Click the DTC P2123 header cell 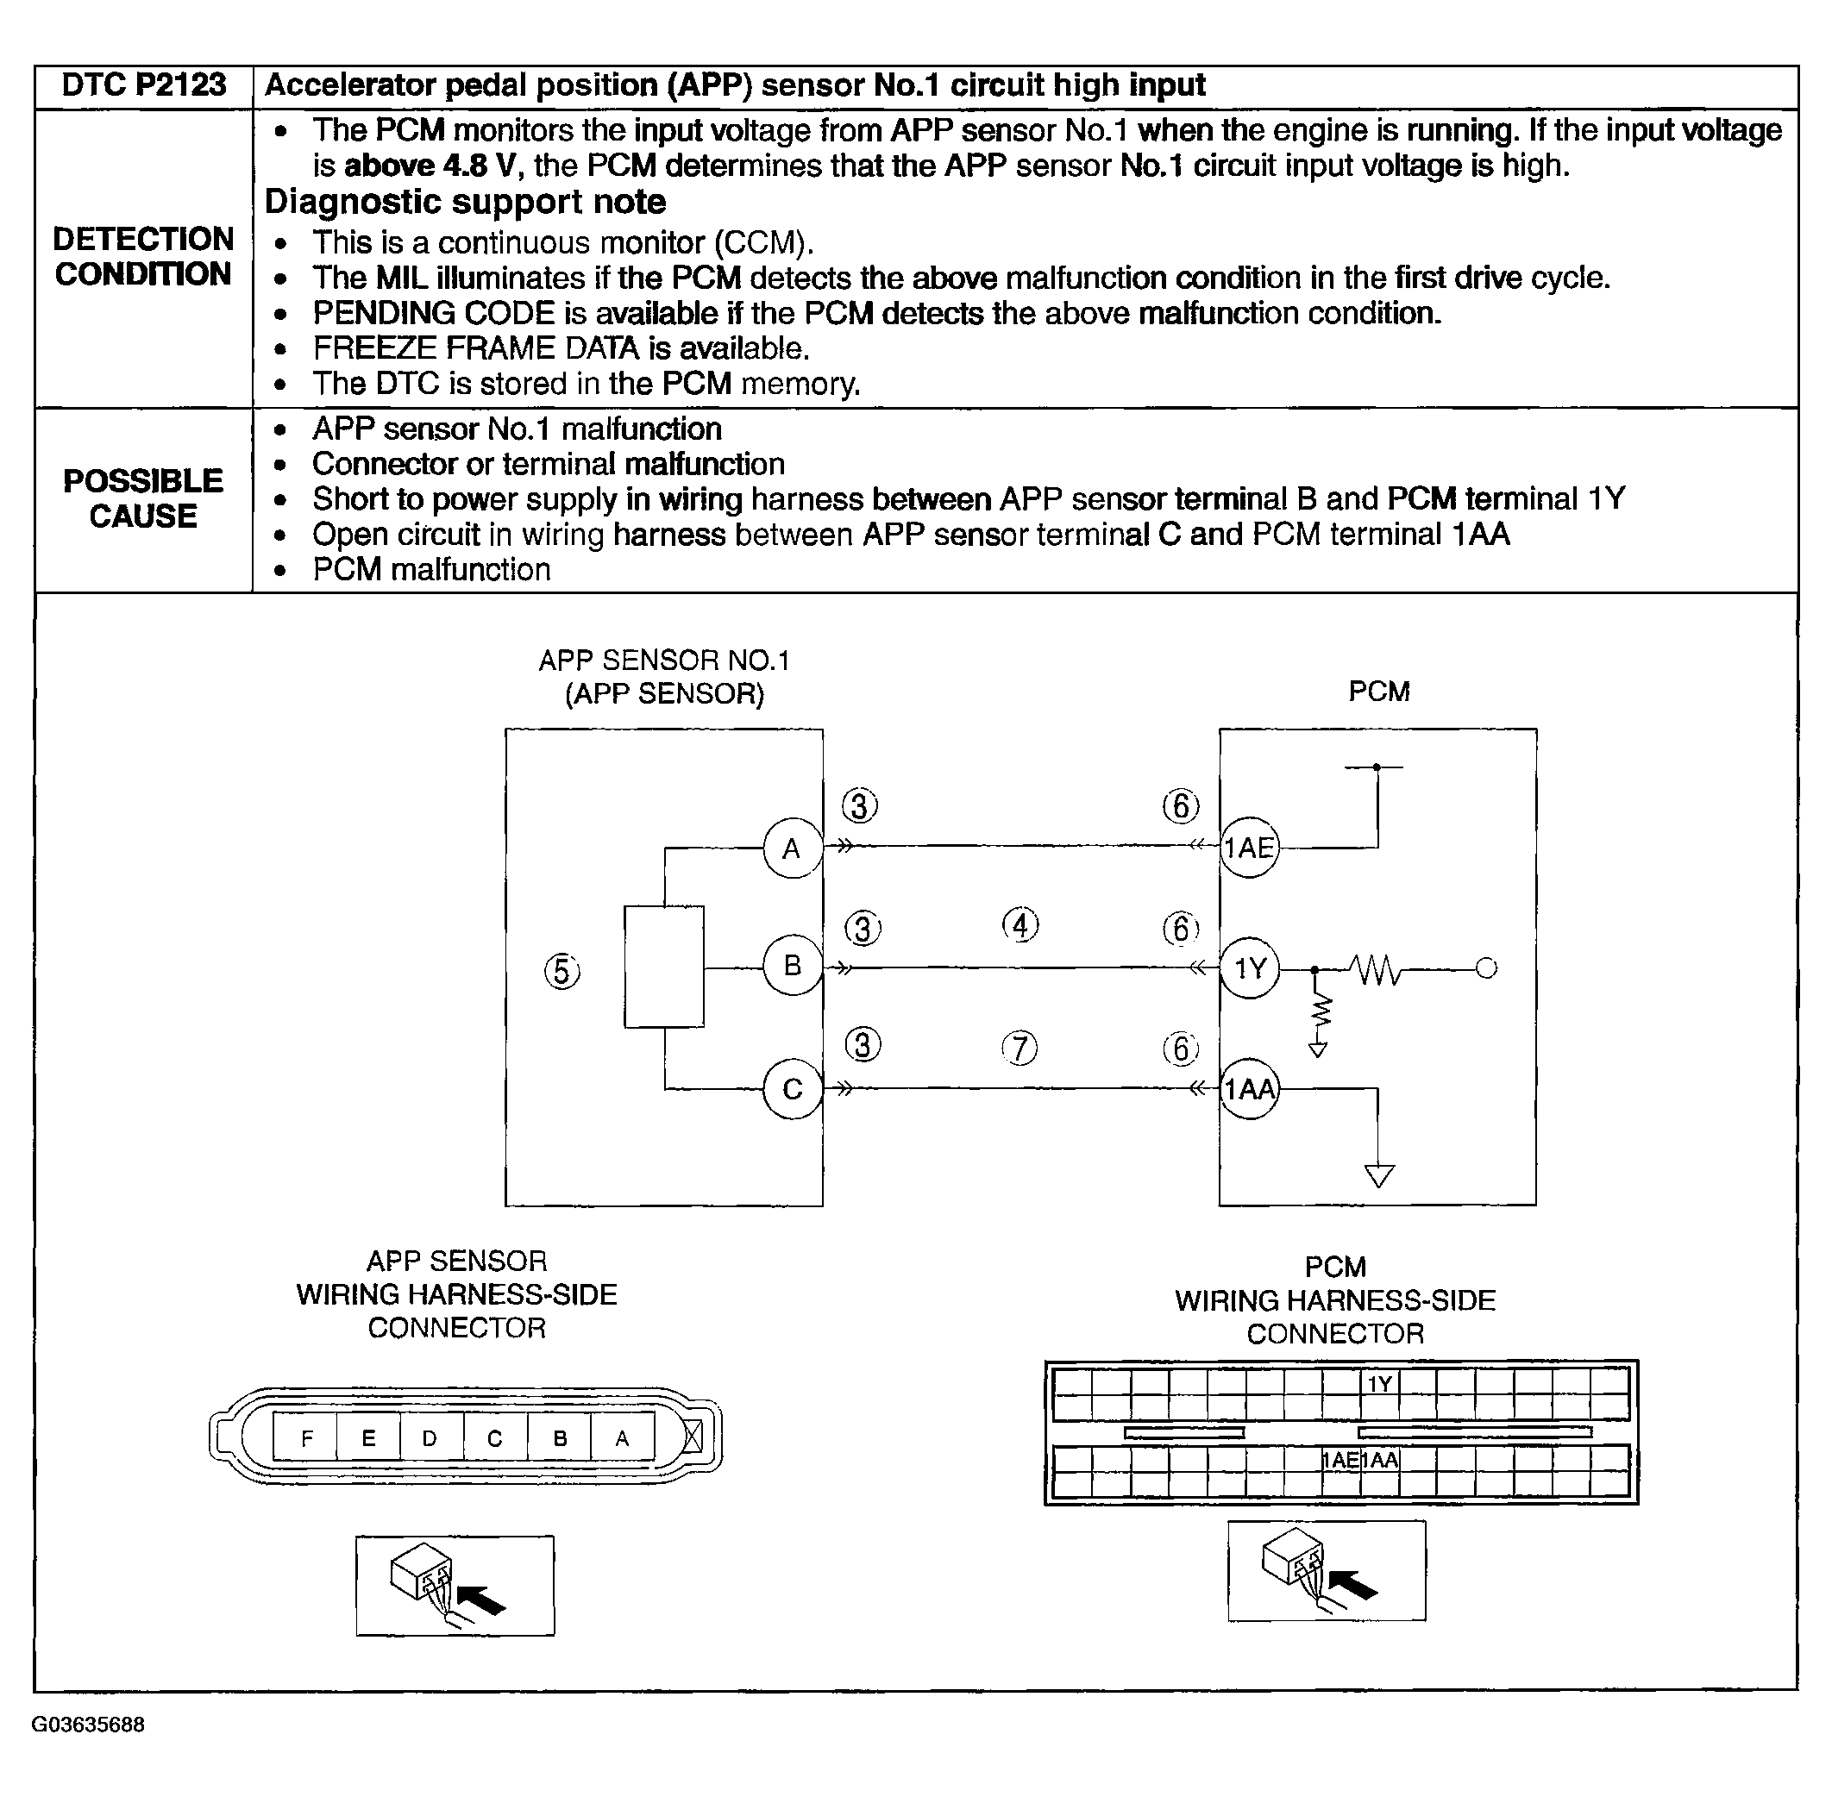pos(143,86)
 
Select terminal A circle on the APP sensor pos(792,848)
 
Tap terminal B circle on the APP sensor pos(792,966)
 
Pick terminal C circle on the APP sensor pos(792,1089)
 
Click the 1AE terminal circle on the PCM pos(1249,848)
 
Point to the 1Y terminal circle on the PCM pos(1250,967)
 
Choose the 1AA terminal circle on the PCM pos(1249,1089)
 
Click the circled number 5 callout pos(562,970)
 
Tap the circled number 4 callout pos(1020,925)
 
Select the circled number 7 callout pos(1020,1048)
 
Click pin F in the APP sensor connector pos(307,1438)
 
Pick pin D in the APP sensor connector pos(430,1438)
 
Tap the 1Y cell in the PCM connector pos(1380,1384)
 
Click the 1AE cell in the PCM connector pos(1340,1460)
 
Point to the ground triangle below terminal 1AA pos(1379,1176)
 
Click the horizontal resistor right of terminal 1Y pos(1376,968)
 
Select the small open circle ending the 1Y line pos(1486,968)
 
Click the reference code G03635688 pos(89,1725)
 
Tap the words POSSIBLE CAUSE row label pos(143,498)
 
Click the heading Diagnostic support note pos(465,202)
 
